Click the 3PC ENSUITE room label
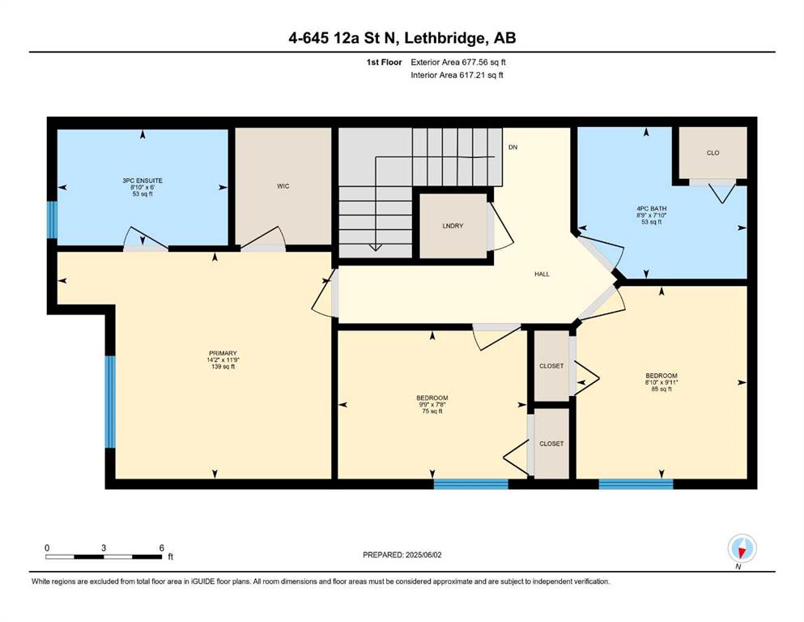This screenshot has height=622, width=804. [143, 181]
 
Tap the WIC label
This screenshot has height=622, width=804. [283, 186]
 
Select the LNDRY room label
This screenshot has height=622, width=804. [453, 226]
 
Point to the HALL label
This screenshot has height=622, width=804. [542, 274]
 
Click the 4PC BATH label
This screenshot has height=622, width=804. [651, 209]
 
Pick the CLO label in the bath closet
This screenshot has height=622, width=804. [713, 153]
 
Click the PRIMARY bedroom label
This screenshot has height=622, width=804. [223, 353]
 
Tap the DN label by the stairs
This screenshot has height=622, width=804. [513, 147]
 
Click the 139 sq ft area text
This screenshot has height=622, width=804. [223, 367]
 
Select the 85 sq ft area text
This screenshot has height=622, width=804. [661, 390]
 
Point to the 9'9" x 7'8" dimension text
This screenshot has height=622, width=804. [432, 405]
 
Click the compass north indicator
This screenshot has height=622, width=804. [742, 548]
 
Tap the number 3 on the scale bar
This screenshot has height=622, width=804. [104, 547]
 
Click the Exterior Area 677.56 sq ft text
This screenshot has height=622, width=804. [458, 62]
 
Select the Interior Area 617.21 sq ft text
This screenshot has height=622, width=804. [457, 75]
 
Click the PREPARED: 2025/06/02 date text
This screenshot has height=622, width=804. [402, 555]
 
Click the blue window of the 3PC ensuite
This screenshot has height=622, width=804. [52, 219]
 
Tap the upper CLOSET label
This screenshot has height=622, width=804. [551, 366]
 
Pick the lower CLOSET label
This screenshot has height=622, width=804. [551, 444]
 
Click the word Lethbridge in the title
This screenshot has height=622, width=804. [445, 38]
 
